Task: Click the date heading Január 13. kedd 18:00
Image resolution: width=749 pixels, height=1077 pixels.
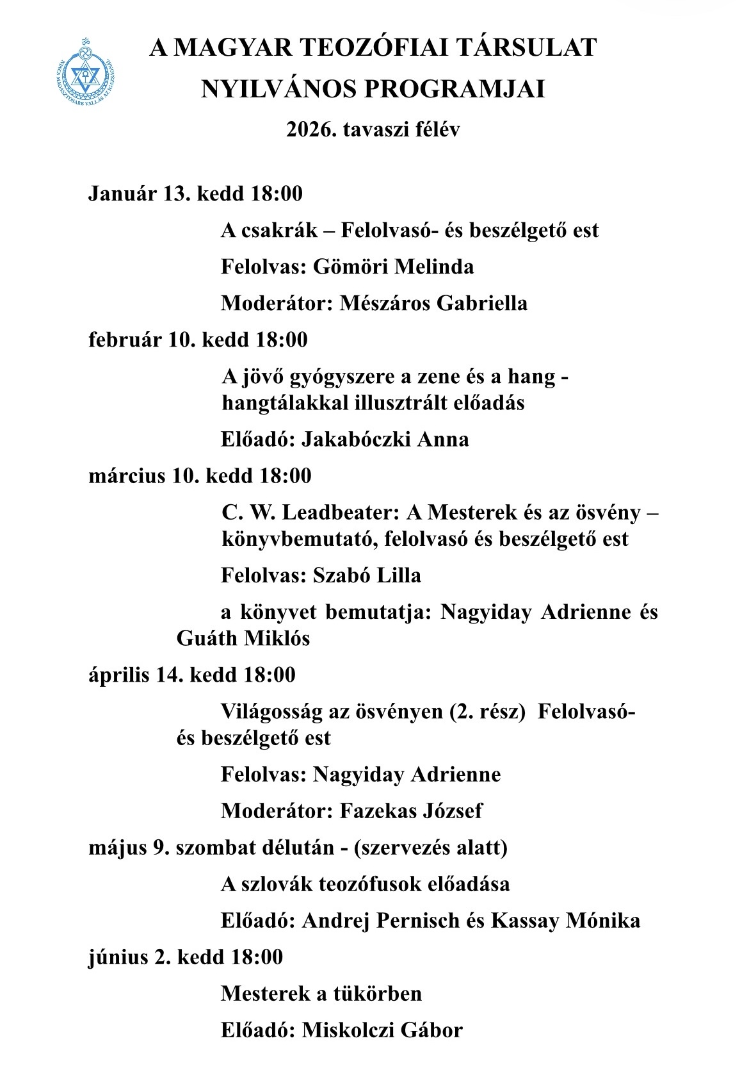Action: [195, 193]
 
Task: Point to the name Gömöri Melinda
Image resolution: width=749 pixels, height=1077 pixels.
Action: [393, 266]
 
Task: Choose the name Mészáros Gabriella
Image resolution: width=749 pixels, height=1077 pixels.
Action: [433, 302]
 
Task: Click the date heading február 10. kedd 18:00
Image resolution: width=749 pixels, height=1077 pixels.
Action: [198, 339]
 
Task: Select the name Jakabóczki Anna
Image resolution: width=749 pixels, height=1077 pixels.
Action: [385, 439]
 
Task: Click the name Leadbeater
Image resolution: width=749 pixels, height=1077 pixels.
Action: [341, 513]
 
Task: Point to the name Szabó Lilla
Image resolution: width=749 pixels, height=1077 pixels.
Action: [367, 575]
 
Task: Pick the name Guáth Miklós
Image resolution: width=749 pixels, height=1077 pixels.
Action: [243, 638]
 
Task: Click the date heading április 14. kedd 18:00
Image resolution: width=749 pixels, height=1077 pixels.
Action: [192, 675]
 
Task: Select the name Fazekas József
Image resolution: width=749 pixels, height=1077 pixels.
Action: [410, 810]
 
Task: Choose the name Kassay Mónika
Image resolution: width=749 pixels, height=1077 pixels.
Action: [565, 921]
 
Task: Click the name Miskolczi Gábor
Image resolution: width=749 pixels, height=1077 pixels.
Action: [382, 1030]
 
